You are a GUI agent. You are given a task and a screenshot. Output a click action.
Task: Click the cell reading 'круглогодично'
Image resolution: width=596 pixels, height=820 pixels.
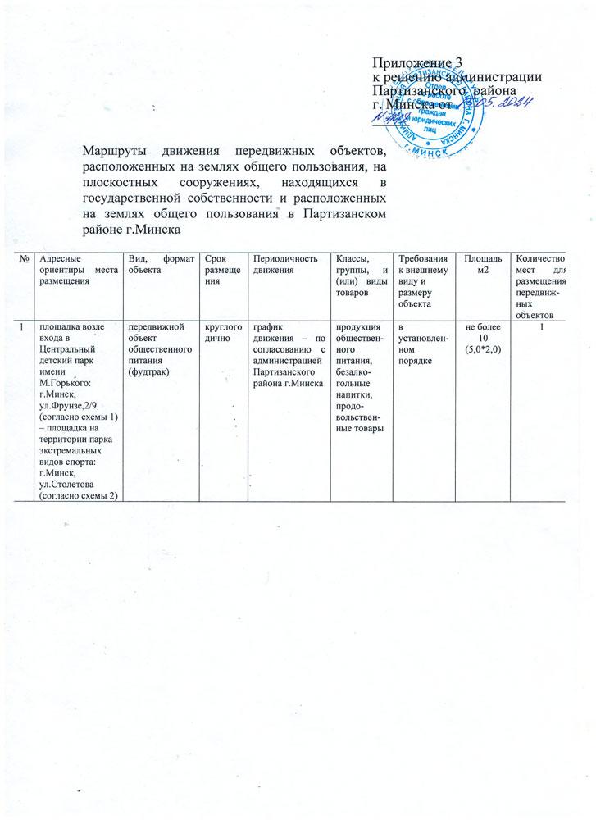[x=217, y=334]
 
